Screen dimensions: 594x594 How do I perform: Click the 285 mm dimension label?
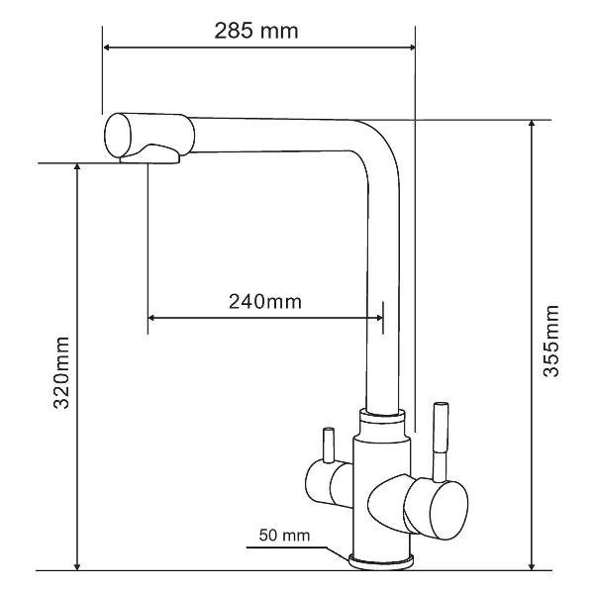(x=256, y=31)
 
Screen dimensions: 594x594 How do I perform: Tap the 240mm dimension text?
(x=265, y=302)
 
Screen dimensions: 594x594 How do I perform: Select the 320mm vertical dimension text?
(x=61, y=373)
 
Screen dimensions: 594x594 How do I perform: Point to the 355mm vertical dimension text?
(x=550, y=341)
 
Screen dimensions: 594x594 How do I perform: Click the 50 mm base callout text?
(x=284, y=536)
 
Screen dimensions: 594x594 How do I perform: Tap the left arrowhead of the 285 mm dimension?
(x=107, y=48)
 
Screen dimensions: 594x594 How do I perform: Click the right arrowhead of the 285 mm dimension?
(x=412, y=48)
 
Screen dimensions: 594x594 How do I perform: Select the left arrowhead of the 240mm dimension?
(x=151, y=318)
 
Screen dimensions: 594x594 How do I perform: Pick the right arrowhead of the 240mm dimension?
(x=379, y=318)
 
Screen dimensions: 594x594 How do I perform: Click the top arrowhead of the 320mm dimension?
(x=77, y=167)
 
